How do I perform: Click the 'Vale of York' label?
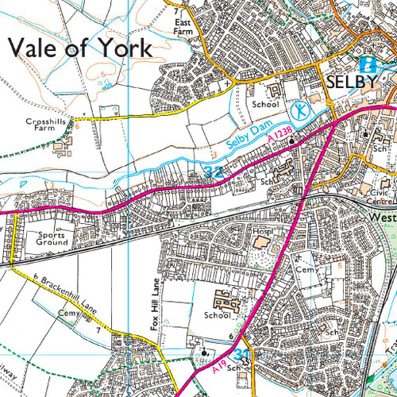(x=79, y=47)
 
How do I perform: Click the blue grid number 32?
(x=211, y=171)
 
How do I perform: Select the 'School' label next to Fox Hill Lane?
(x=218, y=315)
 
